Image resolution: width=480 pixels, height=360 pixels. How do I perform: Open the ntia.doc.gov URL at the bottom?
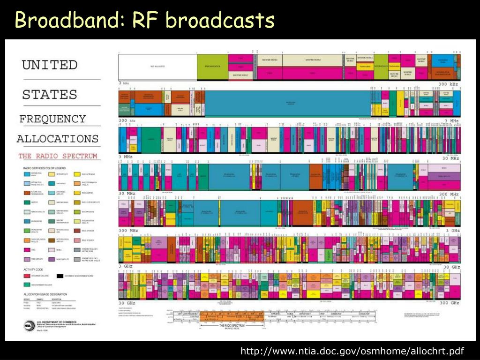tap(352, 351)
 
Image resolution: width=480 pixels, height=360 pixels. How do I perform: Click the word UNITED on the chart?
tap(50, 65)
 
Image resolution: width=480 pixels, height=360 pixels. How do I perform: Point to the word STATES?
tap(50, 94)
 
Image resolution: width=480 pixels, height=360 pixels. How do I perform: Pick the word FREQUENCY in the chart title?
tap(52, 119)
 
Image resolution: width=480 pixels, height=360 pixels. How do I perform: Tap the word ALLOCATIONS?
tap(58, 139)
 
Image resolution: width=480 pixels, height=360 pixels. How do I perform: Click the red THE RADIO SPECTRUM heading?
tap(58, 156)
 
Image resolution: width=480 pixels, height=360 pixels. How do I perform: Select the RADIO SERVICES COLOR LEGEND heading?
tap(45, 168)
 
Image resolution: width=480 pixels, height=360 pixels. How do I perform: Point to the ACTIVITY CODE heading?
tap(33, 270)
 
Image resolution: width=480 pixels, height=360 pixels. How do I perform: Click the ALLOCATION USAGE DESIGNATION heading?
tap(45, 294)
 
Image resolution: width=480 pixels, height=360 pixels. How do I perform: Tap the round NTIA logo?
tap(29, 324)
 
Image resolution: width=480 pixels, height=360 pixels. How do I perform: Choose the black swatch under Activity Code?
tap(60, 276)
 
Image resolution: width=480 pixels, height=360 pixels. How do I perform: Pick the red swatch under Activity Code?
tap(27, 276)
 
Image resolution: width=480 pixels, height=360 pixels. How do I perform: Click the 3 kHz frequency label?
tap(124, 83)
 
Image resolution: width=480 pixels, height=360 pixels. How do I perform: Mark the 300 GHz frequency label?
tap(449, 303)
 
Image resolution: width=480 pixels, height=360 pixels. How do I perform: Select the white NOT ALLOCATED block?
tap(157, 67)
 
